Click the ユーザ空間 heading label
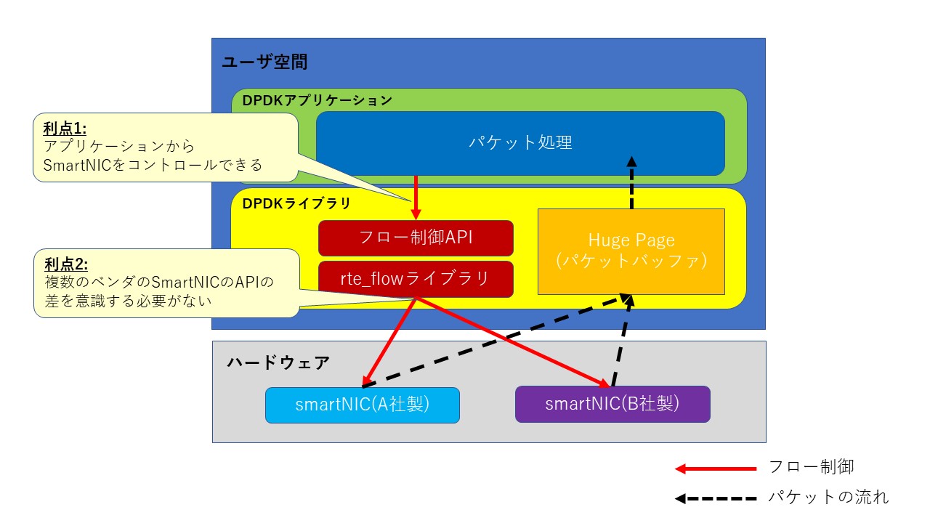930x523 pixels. coord(264,62)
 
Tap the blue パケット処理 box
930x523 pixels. coord(520,143)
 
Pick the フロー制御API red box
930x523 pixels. coord(416,238)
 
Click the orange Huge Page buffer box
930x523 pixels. coord(631,251)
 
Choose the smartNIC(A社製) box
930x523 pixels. coord(363,405)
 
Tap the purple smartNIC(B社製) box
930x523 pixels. coord(612,405)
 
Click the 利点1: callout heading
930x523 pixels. coord(65,129)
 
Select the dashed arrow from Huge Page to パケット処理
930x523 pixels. coord(631,185)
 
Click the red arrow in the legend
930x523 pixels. coord(715,469)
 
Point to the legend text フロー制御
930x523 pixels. coord(810,467)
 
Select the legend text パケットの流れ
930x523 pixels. coord(828,498)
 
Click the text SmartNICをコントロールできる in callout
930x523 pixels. coord(153,165)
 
